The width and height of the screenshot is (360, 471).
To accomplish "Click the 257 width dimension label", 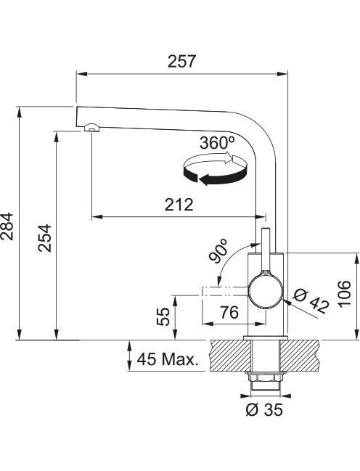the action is coord(181,61).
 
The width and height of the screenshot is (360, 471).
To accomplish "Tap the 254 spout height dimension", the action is coord(45,238).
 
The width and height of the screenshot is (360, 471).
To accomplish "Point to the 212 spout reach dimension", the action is coord(179,205).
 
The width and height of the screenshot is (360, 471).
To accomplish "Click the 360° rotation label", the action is coord(217,143).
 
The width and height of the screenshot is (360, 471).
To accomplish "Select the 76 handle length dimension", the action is coord(229,312).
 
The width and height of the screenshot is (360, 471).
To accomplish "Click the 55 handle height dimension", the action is coord(163,316).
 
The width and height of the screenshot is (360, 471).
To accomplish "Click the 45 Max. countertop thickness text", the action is coord(168,359).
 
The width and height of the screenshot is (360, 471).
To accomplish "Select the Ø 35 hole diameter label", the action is coord(264,409).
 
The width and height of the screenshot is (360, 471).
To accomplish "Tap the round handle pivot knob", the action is coord(265,291).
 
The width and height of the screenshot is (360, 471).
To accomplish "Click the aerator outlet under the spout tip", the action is coord(92,128).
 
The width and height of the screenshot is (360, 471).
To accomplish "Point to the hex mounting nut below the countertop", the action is coord(265,378).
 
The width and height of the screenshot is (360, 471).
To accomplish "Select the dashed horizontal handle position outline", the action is coord(225,291).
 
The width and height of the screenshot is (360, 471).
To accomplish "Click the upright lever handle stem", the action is coord(266,251).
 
